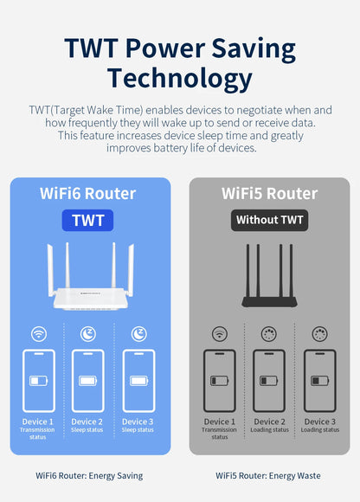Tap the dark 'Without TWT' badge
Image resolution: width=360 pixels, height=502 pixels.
coord(269,220)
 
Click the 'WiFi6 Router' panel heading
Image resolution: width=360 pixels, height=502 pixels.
coord(89,193)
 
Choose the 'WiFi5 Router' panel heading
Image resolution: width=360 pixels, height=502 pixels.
coord(269,193)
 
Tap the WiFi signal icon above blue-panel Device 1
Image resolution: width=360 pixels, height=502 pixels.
coord(39,333)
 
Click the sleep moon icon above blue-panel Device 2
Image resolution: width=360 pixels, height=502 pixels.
coord(88,333)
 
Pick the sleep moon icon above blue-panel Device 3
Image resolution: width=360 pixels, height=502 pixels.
coord(138,333)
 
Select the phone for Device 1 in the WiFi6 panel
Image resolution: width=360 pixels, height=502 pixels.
coord(39,380)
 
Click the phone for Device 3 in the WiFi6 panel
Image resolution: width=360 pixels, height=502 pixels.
coord(138,380)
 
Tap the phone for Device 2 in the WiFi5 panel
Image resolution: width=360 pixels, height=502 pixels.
coord(269,380)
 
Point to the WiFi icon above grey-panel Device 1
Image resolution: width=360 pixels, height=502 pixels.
coord(219,333)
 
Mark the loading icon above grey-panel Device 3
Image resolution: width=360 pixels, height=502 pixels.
coord(319,333)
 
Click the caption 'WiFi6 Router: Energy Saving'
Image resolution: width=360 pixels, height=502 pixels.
coord(89,475)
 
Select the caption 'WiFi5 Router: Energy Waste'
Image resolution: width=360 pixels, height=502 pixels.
coord(269,475)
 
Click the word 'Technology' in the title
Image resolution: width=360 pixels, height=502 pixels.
coord(180,80)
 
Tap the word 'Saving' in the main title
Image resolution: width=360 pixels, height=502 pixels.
coord(253,48)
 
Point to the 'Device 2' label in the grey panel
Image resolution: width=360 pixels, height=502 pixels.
coord(269,422)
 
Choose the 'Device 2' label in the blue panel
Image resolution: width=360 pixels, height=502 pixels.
coord(88,422)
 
